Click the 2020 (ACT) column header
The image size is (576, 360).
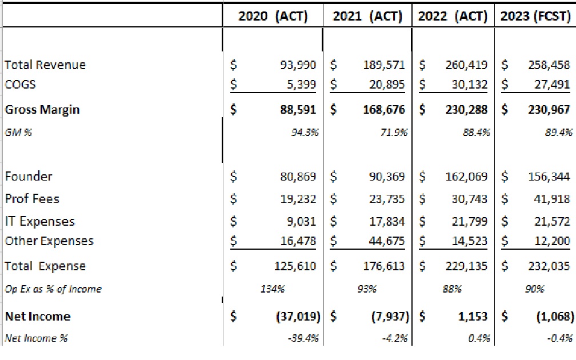pyautogui.click(x=273, y=16)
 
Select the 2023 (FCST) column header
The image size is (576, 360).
pyautogui.click(x=535, y=16)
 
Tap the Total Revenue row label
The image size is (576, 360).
pyautogui.click(x=45, y=65)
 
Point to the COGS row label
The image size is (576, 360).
pyautogui.click(x=20, y=84)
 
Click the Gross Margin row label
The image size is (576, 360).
pyautogui.click(x=42, y=109)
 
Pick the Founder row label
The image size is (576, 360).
pyautogui.click(x=28, y=176)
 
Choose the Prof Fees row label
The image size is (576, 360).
pyautogui.click(x=32, y=198)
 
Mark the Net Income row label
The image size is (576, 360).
pyautogui.click(x=37, y=316)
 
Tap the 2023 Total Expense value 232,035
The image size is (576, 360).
pyautogui.click(x=549, y=266)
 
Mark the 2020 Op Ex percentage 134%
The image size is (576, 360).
pyautogui.click(x=273, y=289)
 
